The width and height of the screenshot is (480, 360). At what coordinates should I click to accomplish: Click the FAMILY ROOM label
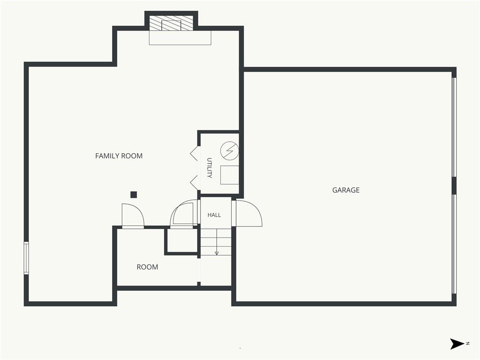tap(119, 156)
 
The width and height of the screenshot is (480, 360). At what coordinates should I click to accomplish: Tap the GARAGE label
tap(346, 190)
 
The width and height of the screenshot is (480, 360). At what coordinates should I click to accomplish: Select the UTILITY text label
tap(210, 168)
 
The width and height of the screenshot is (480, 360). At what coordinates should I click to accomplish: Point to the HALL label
tap(214, 215)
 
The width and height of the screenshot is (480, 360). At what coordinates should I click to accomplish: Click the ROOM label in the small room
tap(147, 267)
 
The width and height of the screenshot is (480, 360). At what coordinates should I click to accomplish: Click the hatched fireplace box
tap(172, 23)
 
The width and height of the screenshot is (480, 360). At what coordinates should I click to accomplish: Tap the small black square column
tap(134, 195)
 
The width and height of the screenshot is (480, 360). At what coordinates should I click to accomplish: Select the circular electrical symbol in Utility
tap(230, 150)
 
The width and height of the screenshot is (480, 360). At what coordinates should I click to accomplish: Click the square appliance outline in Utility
tap(230, 175)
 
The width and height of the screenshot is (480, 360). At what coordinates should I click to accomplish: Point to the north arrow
tap(457, 344)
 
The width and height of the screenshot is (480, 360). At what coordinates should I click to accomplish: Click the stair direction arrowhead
tap(217, 253)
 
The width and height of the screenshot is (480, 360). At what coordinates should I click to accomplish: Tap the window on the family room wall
tap(26, 257)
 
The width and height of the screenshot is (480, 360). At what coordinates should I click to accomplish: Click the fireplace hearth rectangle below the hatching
tap(180, 37)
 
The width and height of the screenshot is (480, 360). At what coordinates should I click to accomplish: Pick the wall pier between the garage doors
tap(454, 186)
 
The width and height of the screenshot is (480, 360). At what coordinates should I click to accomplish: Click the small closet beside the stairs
tap(181, 241)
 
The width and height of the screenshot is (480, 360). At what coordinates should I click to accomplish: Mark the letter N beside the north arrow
tap(468, 344)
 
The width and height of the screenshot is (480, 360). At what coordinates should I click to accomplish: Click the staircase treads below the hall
tap(216, 242)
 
